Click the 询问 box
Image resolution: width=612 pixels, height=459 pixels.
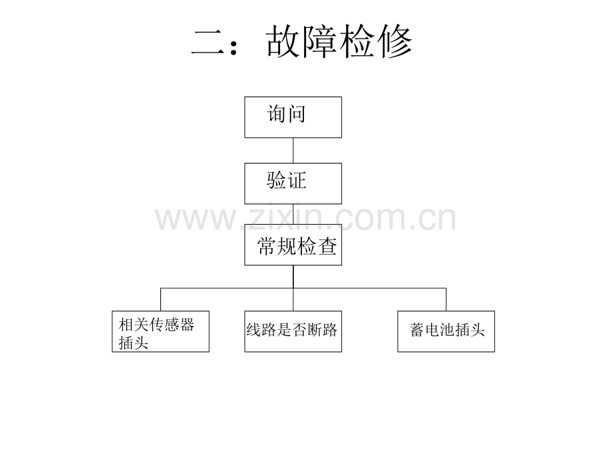(293, 117)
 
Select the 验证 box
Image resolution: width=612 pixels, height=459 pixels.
(293, 184)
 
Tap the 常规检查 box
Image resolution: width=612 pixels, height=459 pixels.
(293, 245)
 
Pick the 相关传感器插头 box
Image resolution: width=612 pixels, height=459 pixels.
(160, 331)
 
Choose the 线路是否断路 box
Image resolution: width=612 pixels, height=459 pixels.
(293, 331)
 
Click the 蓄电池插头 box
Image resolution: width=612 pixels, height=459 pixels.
(446, 331)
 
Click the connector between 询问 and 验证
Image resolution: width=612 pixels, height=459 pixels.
(293, 150)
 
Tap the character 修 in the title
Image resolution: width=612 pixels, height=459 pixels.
(395, 42)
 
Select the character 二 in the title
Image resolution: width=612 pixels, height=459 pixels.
(208, 43)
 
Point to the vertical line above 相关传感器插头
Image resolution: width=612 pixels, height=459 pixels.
(160, 299)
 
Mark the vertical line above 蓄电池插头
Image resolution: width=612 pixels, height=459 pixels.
(446, 299)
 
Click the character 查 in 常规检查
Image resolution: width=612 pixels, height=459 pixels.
(327, 247)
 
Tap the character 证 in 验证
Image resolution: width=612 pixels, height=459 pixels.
(297, 180)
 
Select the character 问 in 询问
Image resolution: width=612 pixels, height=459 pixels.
(296, 114)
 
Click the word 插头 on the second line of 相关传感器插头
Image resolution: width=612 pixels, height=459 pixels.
(134, 343)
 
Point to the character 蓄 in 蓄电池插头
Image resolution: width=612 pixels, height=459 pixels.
(417, 330)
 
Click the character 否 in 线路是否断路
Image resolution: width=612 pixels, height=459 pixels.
(299, 330)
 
